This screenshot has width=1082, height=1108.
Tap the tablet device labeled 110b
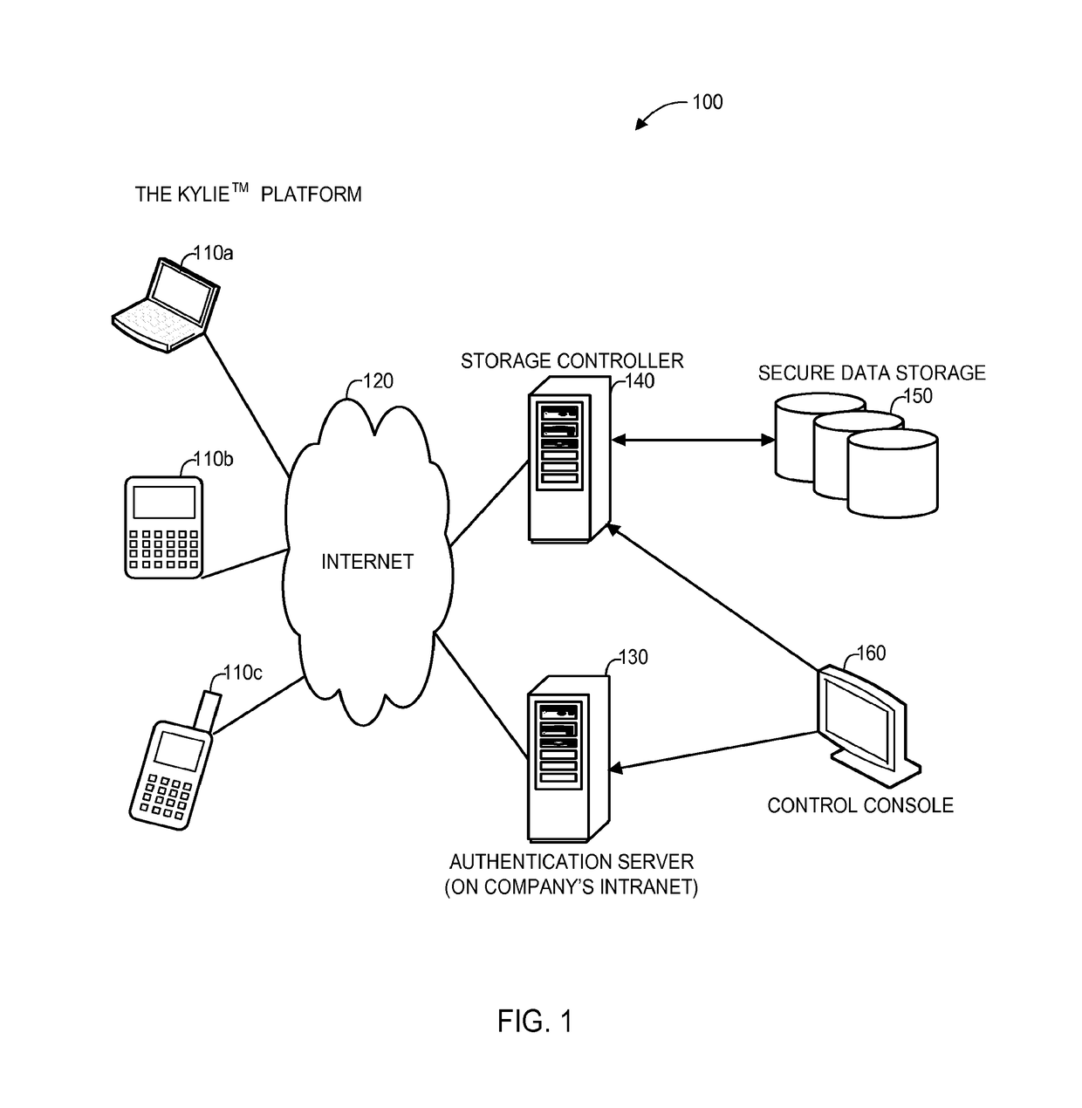(x=165, y=526)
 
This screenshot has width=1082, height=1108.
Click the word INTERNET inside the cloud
(x=366, y=562)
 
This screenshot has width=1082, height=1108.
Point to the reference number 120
(x=378, y=381)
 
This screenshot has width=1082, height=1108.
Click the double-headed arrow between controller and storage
(x=692, y=441)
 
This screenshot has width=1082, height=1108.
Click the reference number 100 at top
(x=707, y=102)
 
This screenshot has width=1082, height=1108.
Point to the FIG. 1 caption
(x=535, y=1021)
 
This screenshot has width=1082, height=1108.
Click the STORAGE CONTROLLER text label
(x=572, y=360)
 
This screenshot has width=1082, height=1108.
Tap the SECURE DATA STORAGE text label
(x=871, y=373)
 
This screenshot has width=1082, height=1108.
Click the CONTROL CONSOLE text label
(x=859, y=805)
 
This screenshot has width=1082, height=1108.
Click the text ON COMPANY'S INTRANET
(x=572, y=889)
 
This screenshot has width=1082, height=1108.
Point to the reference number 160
(x=871, y=653)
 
